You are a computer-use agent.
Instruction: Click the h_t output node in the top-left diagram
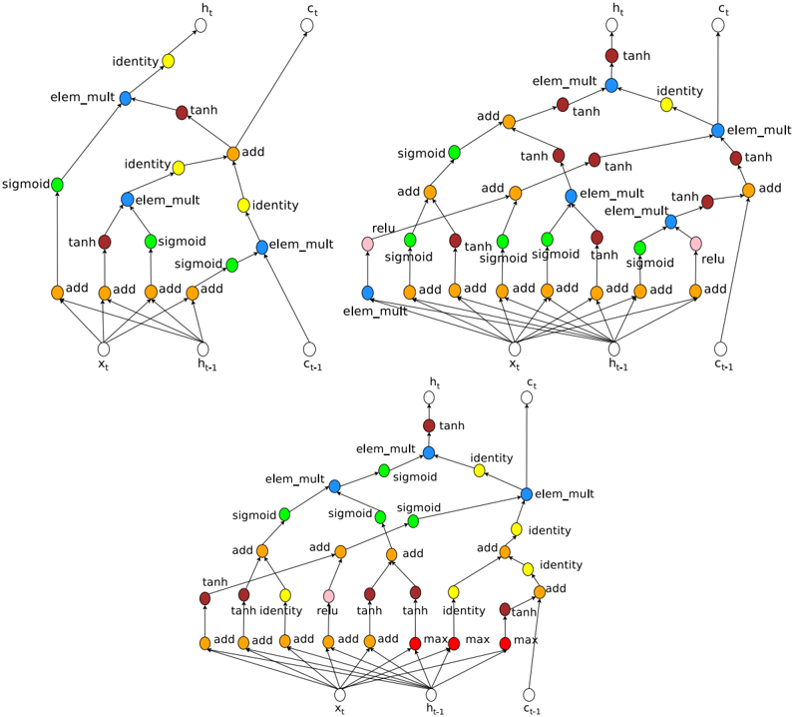point(200,23)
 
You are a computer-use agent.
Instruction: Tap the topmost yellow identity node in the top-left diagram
point(169,61)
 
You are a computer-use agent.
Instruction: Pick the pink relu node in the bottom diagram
point(328,596)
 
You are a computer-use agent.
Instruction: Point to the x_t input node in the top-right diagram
point(515,349)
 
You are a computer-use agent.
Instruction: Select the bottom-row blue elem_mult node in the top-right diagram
point(368,292)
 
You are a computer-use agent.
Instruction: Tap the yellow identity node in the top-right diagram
point(666,103)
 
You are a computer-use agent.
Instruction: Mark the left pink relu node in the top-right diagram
point(368,244)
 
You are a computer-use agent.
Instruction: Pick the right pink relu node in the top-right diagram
point(695,244)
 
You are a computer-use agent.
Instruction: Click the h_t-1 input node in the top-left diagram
point(203,349)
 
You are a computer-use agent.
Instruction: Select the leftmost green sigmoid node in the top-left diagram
point(58,185)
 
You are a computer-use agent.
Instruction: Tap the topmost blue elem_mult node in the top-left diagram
point(127,97)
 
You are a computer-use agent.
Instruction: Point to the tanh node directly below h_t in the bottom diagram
point(429,424)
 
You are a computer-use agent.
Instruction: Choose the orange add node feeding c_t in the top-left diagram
point(232,154)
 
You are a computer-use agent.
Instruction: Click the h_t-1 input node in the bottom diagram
point(433,694)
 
